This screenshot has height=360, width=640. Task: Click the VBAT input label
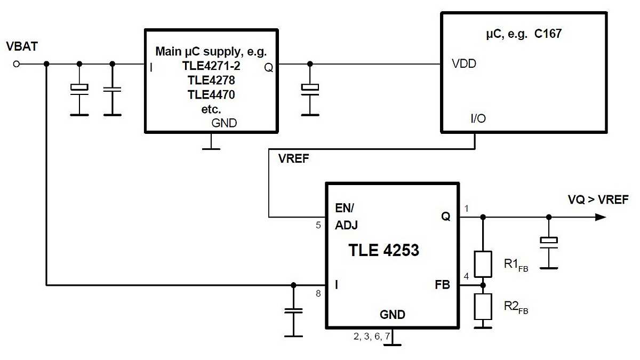(x=22, y=46)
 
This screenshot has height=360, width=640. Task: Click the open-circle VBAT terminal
(x=16, y=64)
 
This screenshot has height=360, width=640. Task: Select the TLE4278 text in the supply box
(x=211, y=81)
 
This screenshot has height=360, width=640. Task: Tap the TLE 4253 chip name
(x=384, y=250)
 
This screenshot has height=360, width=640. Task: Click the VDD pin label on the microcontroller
(x=464, y=64)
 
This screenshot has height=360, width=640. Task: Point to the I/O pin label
(x=478, y=118)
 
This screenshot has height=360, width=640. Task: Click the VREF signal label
(x=293, y=158)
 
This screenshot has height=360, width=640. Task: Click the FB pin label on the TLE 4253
(x=442, y=285)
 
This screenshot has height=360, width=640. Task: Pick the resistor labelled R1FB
(x=483, y=263)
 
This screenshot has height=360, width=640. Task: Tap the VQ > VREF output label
(x=598, y=199)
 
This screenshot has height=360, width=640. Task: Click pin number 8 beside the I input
(x=318, y=293)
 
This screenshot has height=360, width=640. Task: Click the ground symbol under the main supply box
(x=211, y=146)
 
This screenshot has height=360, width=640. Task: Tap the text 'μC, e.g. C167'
(x=524, y=34)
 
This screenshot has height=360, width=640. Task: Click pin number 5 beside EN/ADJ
(x=318, y=225)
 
